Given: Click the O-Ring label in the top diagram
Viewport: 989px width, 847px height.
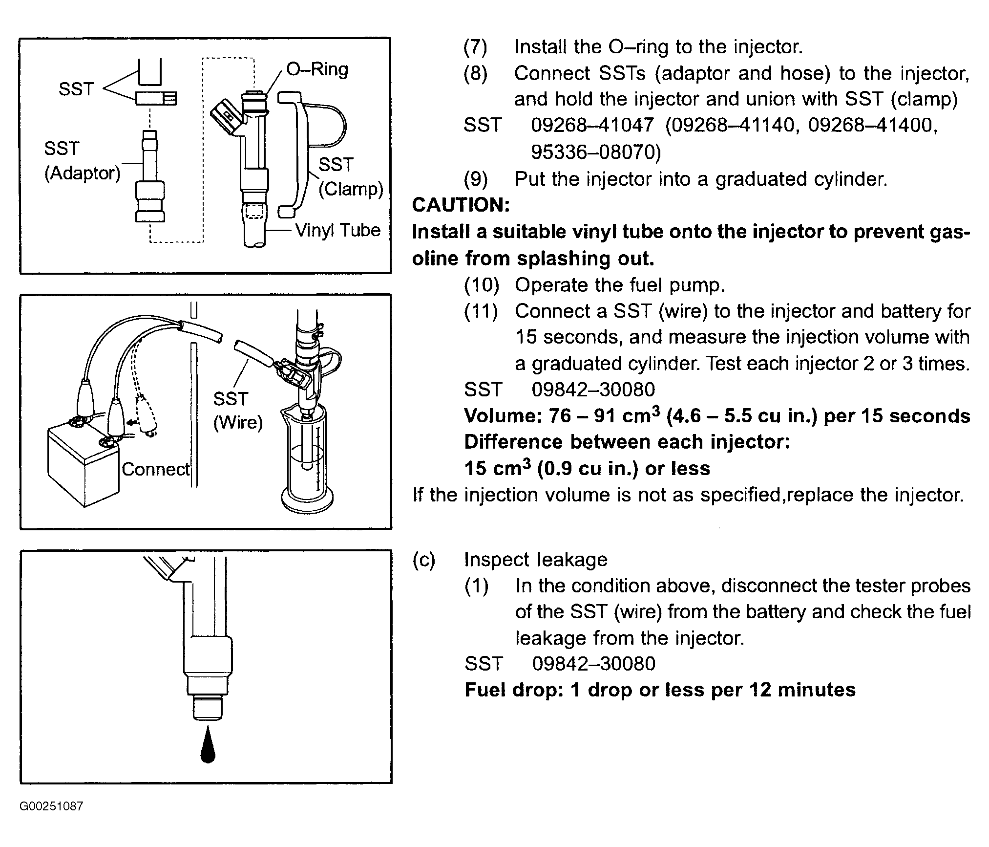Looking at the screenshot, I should point(317,69).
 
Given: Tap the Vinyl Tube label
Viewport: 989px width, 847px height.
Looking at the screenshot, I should point(338,230).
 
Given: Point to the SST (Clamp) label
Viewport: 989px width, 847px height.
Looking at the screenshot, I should point(351,177).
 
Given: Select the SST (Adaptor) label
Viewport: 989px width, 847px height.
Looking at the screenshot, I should point(82,161).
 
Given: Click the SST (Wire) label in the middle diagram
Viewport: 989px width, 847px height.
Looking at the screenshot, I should point(238,411).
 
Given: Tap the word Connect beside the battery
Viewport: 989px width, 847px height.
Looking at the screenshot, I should point(155,469).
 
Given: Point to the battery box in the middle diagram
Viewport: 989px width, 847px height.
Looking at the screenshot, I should point(83,464).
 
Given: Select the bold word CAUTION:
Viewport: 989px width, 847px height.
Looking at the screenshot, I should point(461,205).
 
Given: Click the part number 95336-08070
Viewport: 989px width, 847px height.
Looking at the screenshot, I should point(595,152).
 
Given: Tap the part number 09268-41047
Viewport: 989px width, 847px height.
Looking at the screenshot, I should point(592,126).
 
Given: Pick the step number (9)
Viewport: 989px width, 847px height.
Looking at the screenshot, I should point(475,179).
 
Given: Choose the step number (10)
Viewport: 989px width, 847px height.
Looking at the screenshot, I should point(481,285).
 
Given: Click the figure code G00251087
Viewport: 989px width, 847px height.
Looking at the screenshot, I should point(51,806).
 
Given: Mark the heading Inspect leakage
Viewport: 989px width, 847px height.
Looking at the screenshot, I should point(536,560).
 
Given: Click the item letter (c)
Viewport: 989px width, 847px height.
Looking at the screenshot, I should point(423,560).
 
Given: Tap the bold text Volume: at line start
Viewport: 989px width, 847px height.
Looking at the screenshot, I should point(503,416).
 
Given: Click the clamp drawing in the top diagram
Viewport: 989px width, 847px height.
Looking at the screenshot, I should point(298,156).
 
